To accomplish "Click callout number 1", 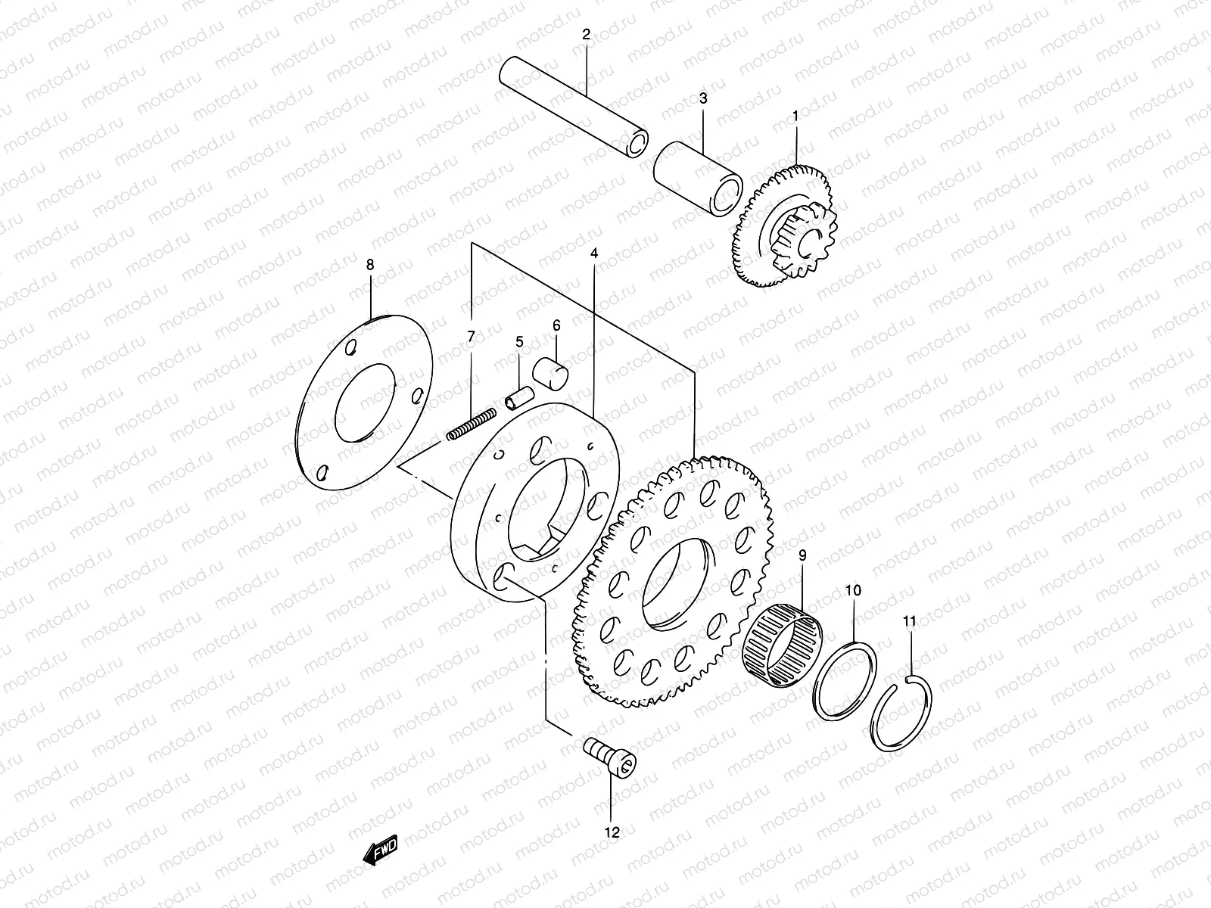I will tap(795, 116).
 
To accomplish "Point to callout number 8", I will tap(370, 264).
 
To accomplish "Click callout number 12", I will tap(612, 832).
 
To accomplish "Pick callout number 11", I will tap(910, 621).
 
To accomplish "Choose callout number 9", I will tap(802, 555).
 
